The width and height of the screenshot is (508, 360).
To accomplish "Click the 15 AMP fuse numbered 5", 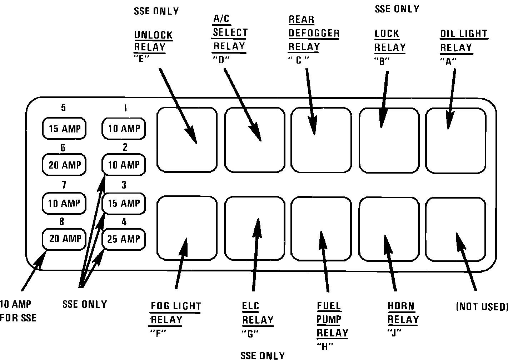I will coord(64,129).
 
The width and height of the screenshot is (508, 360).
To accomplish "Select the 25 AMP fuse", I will coord(124,239).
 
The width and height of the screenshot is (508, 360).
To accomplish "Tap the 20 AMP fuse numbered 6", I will coord(64,165).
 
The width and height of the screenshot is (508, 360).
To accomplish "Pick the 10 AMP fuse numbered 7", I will coord(64,203).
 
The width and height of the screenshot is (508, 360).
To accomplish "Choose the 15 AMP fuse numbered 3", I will coord(124,203).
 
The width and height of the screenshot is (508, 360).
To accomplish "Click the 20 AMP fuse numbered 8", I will coord(64,239).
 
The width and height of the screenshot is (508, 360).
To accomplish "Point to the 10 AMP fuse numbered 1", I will coord(124,129).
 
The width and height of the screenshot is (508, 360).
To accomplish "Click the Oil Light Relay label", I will coord(463,41).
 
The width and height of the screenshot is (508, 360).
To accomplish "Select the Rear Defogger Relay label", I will coord(313,33).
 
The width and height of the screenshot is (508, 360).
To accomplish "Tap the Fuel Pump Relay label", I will coord(332,320).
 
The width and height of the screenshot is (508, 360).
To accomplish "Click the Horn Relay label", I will coord(402,313).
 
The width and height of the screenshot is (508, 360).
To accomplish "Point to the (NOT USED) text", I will coord(482,307).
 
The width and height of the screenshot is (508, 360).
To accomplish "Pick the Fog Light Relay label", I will coord(175,313).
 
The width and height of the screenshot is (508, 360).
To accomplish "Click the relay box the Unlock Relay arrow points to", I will coord(187,140).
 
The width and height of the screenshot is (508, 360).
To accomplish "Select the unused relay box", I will coord(456,229).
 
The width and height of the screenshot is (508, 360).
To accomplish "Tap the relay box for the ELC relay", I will coord(255,229).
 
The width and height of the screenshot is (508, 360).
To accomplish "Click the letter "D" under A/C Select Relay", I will coord(220,60).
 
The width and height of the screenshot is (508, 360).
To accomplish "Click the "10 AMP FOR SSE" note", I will coord(18,311).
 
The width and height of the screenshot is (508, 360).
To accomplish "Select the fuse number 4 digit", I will coord(124,222).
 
